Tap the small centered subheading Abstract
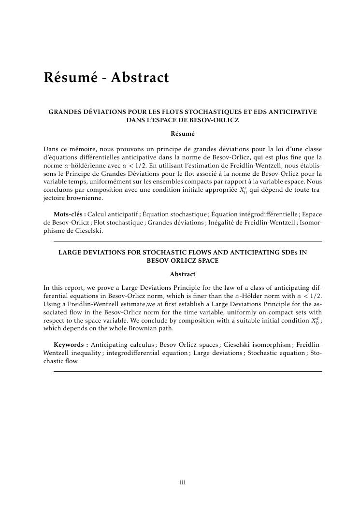click(183, 274)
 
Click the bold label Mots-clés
click(70, 214)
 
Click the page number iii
click(183, 482)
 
